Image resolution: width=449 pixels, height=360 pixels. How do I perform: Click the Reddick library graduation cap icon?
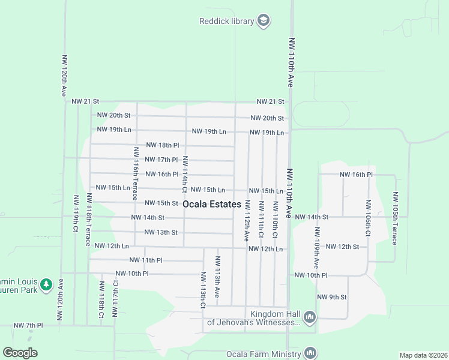coord(263,22)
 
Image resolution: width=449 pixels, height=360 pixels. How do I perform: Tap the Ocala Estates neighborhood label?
coord(212,204)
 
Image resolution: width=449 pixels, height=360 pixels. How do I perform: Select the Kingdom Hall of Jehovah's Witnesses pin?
coord(310,316)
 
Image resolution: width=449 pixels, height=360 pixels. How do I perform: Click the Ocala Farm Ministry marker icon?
coord(310,353)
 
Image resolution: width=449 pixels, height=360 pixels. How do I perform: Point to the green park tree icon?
coord(46,284)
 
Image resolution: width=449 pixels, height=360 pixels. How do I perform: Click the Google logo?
coord(20,353)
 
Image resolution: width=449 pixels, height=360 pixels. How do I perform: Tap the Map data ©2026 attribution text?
coord(423,355)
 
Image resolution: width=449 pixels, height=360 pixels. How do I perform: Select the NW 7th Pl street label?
coord(28,325)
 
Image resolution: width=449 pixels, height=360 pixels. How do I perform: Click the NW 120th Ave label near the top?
coord(63,76)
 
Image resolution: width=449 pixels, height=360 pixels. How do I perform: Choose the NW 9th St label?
coord(332,297)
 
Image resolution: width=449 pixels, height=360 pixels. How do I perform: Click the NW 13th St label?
coord(161,232)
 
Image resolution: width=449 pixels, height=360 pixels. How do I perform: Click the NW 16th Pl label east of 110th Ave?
coord(357,174)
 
